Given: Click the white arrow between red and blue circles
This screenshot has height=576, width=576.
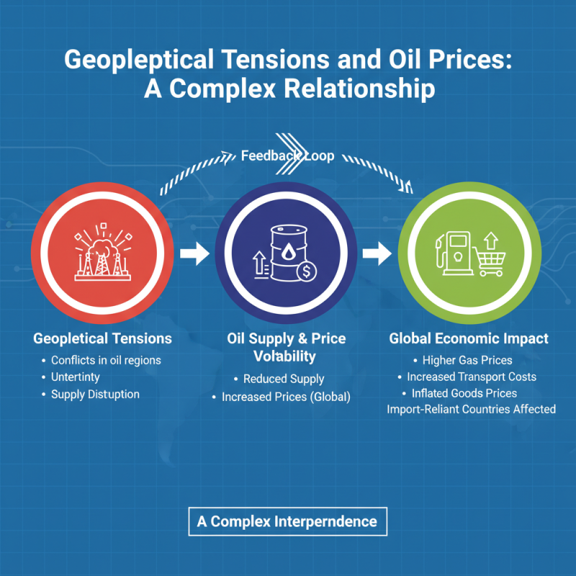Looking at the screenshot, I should [194, 253].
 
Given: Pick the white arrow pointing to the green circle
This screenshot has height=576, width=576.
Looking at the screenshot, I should [377, 253].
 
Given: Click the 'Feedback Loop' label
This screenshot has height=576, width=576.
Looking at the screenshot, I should [287, 156].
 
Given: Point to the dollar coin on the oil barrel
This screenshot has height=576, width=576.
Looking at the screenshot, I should [307, 271].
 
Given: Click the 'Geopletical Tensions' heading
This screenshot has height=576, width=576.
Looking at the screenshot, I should [103, 338].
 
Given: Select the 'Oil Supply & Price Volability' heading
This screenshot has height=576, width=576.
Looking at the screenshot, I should [286, 347].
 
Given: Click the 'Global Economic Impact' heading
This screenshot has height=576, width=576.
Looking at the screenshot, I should [469, 338].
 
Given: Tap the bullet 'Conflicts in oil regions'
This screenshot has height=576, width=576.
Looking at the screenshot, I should [106, 360].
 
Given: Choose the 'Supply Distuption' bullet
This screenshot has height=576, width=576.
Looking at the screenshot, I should [95, 394].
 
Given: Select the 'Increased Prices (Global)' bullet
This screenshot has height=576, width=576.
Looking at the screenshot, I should [286, 397].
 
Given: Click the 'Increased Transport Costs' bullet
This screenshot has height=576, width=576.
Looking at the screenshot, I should [472, 377].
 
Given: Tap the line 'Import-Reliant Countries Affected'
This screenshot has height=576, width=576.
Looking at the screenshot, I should [471, 409].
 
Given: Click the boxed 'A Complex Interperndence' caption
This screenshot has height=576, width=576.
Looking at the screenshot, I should [287, 521].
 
